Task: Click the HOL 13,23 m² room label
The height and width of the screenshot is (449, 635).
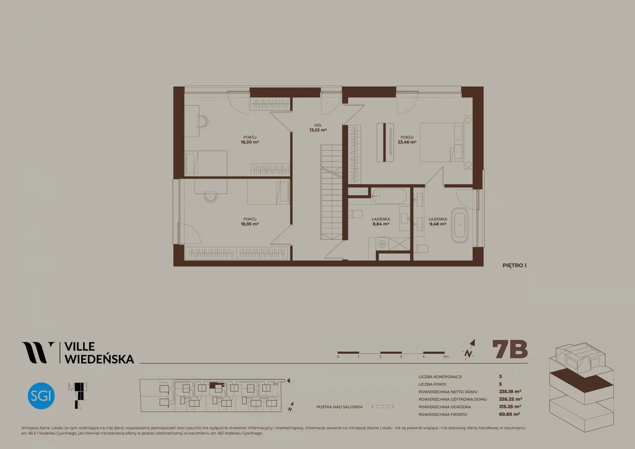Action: [x=318, y=128]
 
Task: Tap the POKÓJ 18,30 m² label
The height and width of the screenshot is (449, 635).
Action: [x=250, y=140]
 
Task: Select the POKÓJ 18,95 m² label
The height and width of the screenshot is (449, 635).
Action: [x=250, y=221]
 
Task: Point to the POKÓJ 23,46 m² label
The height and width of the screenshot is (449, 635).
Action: [x=407, y=140]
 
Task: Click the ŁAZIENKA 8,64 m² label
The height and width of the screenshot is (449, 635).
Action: [x=381, y=221]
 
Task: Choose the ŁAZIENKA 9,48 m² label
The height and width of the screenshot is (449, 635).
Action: [x=438, y=221]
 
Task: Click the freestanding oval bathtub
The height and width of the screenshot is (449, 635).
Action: [x=460, y=225]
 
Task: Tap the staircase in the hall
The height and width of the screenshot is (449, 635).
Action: [x=331, y=192]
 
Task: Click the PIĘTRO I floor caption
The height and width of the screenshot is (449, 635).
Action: [x=514, y=265]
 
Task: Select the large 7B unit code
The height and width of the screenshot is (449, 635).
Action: [x=510, y=349]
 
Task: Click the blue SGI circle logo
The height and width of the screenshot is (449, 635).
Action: [x=41, y=396]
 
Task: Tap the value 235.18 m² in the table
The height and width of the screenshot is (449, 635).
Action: [x=510, y=391]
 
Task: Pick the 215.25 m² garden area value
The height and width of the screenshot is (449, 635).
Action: [x=510, y=407]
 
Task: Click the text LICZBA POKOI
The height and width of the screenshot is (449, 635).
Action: [x=432, y=384]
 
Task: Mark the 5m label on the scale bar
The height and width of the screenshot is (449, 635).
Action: [x=446, y=357]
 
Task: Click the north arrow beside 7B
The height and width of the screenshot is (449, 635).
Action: [x=469, y=349]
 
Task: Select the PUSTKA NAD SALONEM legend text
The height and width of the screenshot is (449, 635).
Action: [x=339, y=407]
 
